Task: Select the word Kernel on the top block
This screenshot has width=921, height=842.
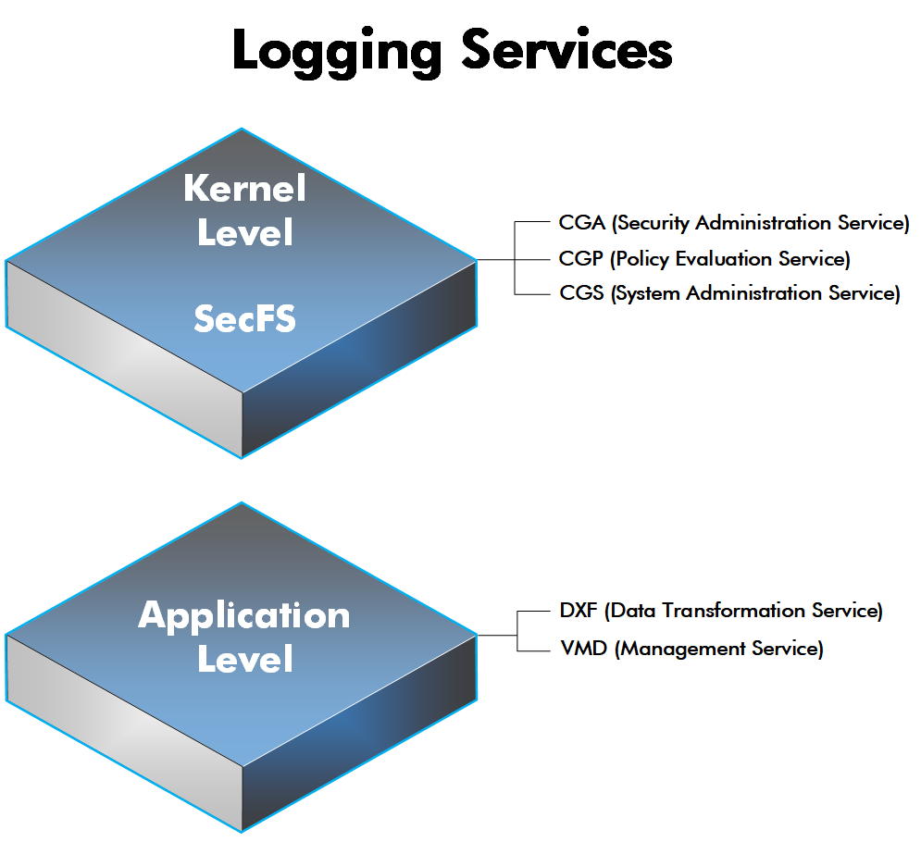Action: (244, 189)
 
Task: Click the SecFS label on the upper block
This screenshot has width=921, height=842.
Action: (244, 319)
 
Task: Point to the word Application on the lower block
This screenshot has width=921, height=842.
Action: (244, 615)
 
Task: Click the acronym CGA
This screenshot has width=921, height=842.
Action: (581, 223)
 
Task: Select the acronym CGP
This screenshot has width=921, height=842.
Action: (581, 258)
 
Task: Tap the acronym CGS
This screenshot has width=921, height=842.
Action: (581, 293)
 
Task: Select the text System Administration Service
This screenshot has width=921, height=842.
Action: (756, 293)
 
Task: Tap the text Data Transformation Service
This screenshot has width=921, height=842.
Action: (746, 611)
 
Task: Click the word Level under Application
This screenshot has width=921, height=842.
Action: (244, 660)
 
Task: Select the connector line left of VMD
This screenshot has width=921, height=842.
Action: (536, 649)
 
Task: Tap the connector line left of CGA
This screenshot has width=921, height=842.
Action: (536, 223)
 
